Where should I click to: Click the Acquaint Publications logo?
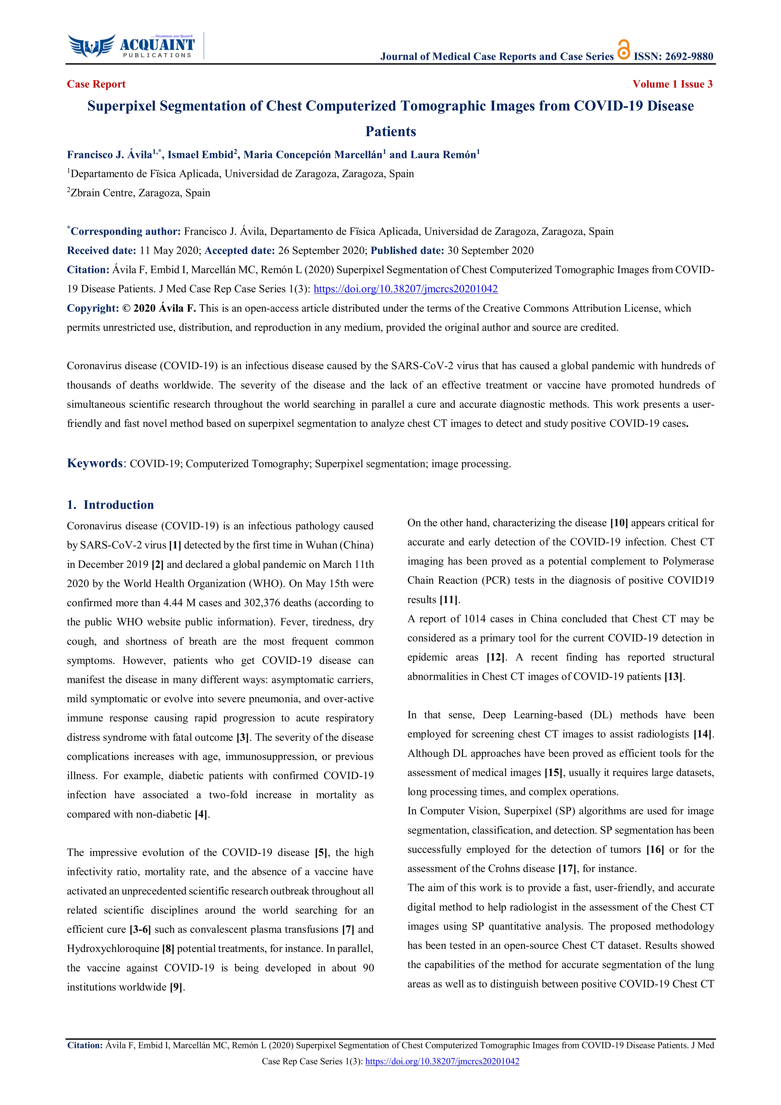point(131,47)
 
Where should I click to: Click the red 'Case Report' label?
point(96,84)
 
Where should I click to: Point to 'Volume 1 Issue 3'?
point(672,84)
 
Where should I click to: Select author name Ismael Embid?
point(200,155)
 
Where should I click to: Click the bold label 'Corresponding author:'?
point(126,231)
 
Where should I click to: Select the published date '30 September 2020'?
point(490,251)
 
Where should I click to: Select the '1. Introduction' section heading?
point(111,505)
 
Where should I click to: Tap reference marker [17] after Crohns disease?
point(567,869)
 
